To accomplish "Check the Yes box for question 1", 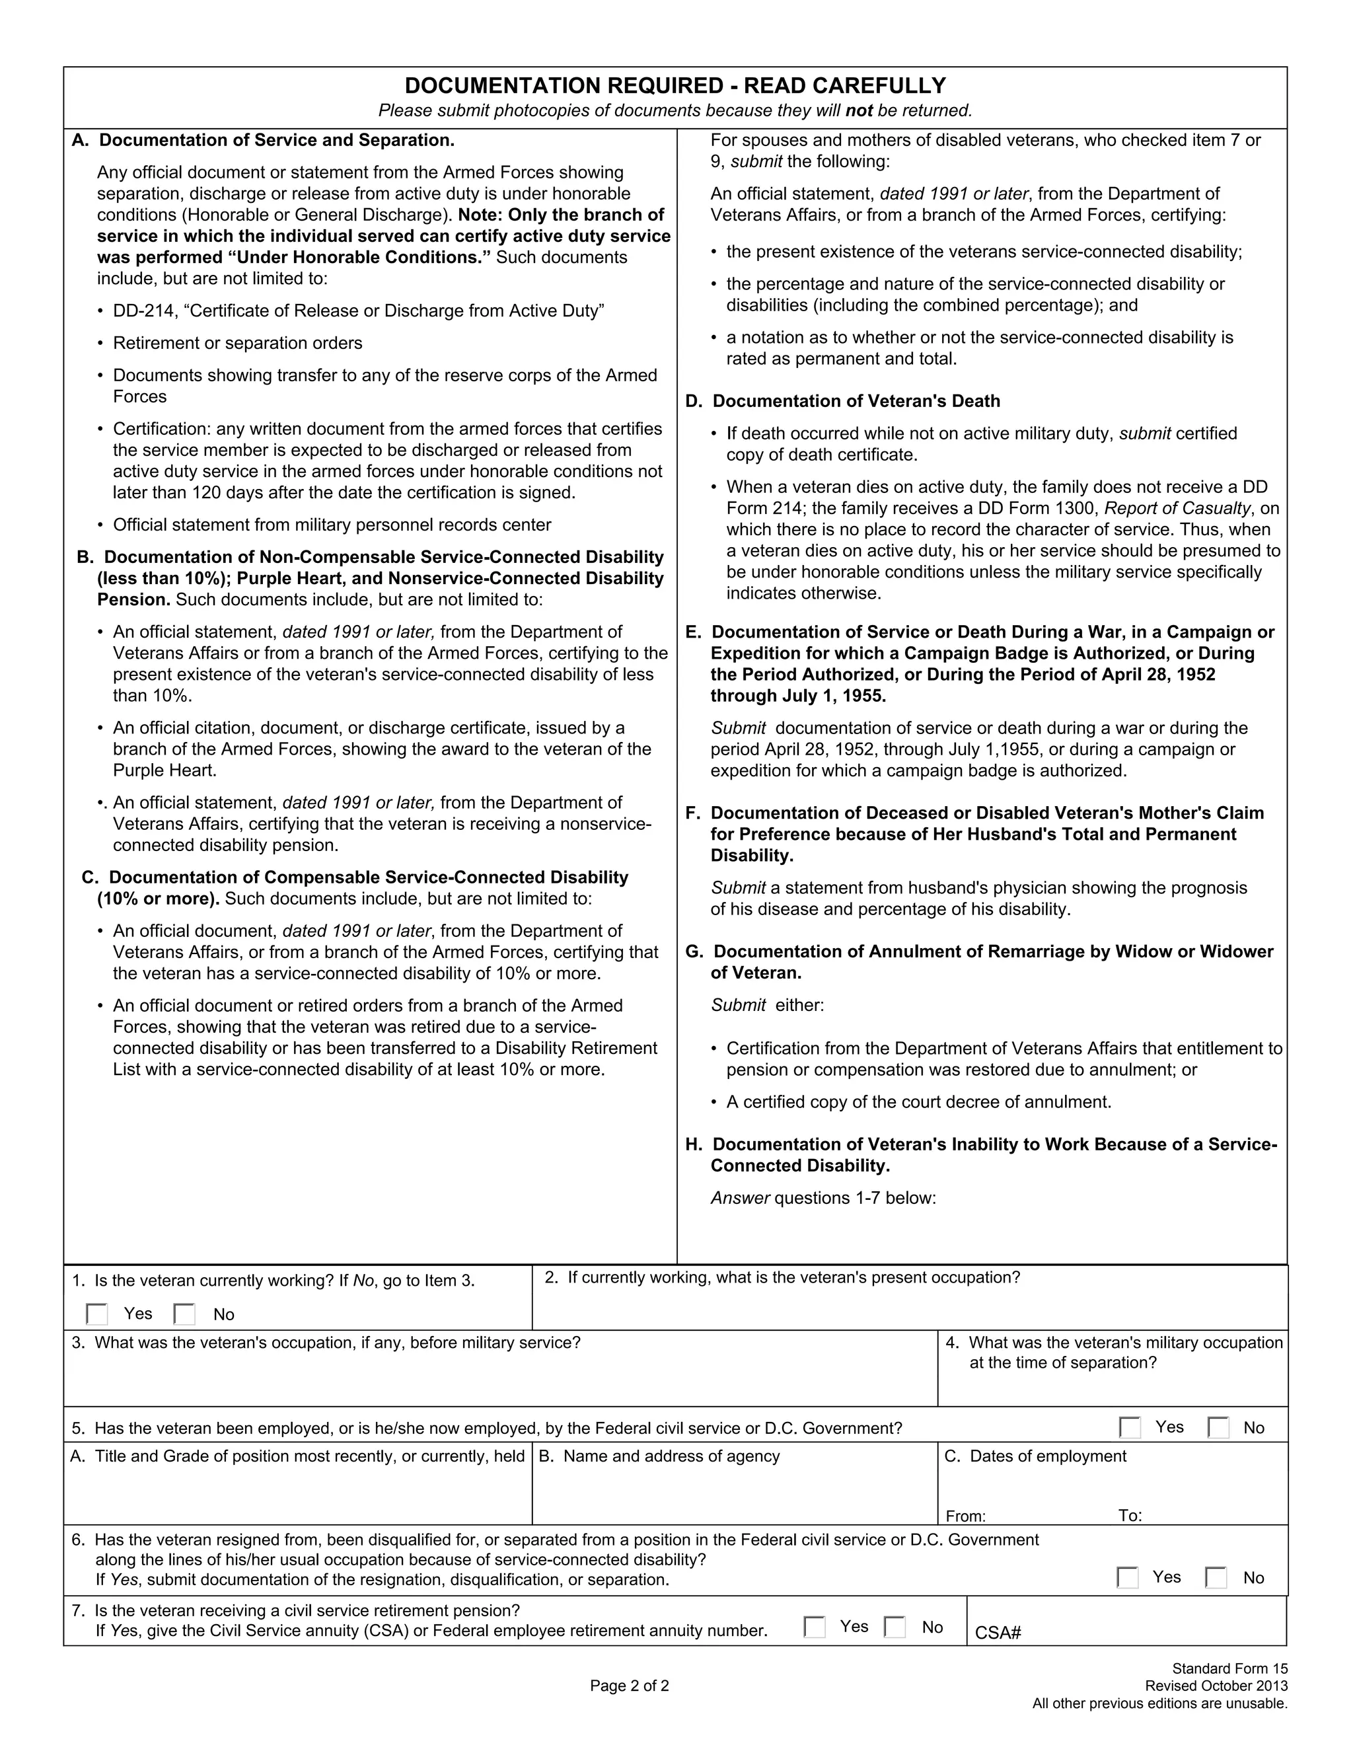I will [97, 1314].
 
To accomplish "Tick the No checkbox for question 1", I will [184, 1314].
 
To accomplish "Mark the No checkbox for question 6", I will [1216, 1578].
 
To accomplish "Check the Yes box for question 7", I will [815, 1627].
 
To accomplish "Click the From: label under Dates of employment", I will [965, 1516].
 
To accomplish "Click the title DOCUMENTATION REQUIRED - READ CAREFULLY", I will [675, 86].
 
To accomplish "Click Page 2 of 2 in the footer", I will [629, 1686].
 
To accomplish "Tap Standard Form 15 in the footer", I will [1229, 1668].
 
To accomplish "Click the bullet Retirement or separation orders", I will [237, 343].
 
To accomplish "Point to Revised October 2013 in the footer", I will [1216, 1686].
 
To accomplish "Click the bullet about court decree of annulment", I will [918, 1101].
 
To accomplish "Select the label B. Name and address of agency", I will [659, 1456].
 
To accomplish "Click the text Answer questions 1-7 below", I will [823, 1198].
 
